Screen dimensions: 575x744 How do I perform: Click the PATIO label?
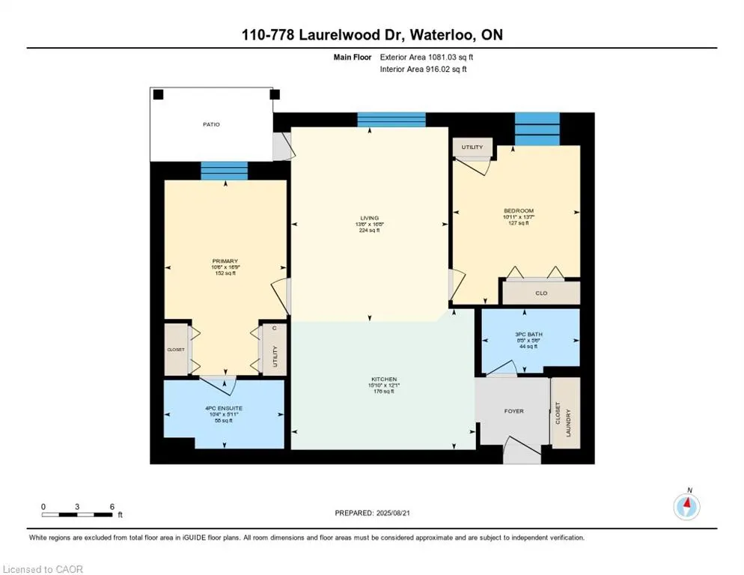211,124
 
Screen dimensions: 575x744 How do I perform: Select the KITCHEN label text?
384,380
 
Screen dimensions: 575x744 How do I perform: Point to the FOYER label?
513,411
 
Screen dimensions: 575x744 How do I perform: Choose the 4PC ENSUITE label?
225,408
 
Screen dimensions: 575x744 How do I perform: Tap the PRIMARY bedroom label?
225,262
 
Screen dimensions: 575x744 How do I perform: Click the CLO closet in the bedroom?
540,293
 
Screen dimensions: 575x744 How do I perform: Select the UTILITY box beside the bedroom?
472,147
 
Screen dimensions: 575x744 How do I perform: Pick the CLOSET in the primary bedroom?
175,349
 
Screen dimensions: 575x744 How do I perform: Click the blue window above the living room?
391,120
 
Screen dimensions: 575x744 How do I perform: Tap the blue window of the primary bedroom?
224,171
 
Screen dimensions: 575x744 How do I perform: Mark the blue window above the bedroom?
537,129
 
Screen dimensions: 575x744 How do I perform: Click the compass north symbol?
686,506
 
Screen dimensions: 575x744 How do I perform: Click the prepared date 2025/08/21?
384,513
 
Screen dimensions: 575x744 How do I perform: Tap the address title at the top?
372,35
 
